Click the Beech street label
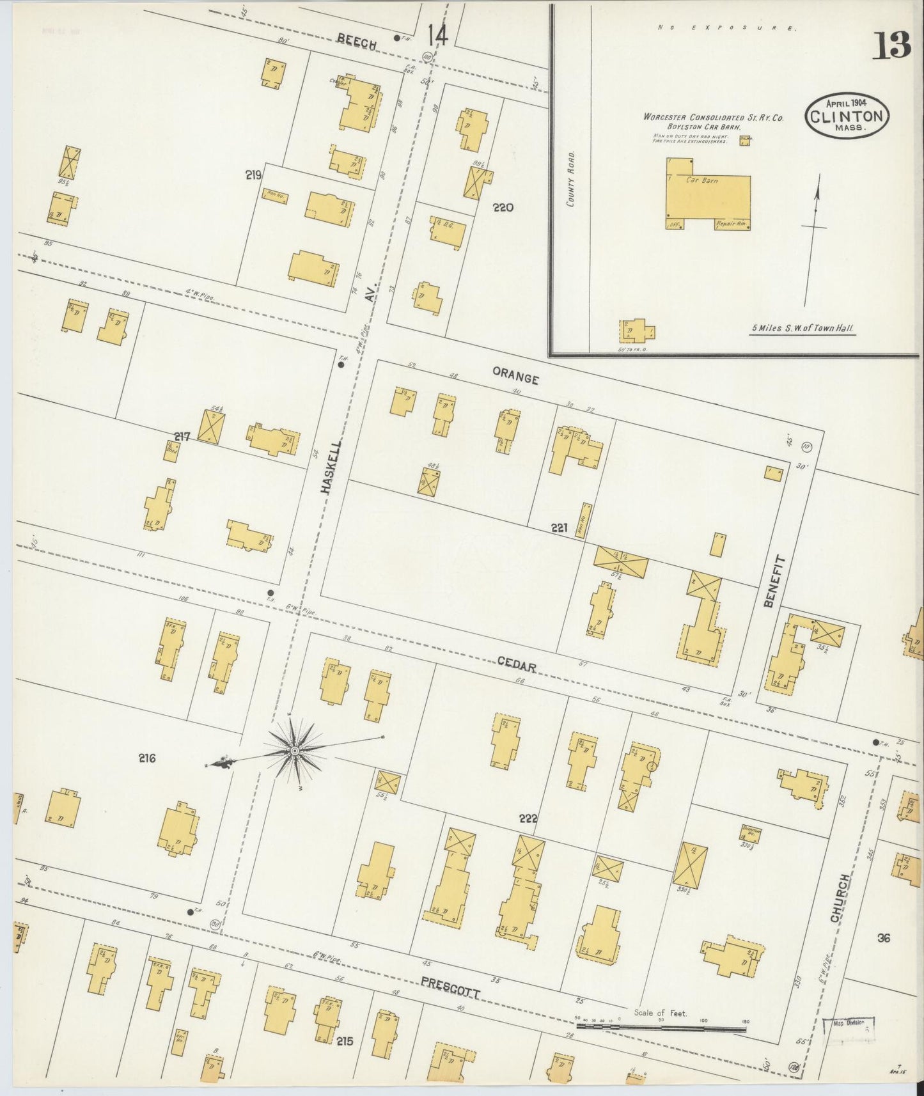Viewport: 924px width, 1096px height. coord(356,40)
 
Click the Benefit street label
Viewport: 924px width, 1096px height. coord(771,580)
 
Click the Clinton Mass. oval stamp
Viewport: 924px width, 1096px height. coord(847,116)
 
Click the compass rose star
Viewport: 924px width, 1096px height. coord(295,749)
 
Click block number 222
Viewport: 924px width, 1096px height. coord(529,818)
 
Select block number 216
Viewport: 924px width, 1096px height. coord(147,759)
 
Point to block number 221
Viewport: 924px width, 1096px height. coord(559,528)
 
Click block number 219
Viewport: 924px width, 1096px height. coord(253,175)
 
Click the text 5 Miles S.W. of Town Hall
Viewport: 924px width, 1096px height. coord(803,328)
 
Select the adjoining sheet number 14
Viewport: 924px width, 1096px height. coord(438,35)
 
